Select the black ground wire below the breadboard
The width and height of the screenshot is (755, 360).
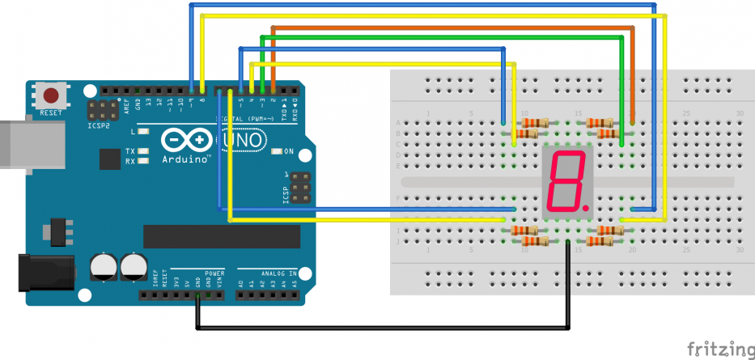[380, 328]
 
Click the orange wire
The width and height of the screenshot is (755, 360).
[453, 28]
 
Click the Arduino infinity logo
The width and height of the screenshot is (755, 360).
[187, 141]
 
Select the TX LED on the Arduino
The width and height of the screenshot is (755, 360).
[142, 151]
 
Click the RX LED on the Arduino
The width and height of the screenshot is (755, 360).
[142, 160]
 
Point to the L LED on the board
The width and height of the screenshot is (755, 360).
[143, 130]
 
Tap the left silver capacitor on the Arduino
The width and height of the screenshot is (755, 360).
[104, 266]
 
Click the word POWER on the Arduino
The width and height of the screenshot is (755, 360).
[214, 273]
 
